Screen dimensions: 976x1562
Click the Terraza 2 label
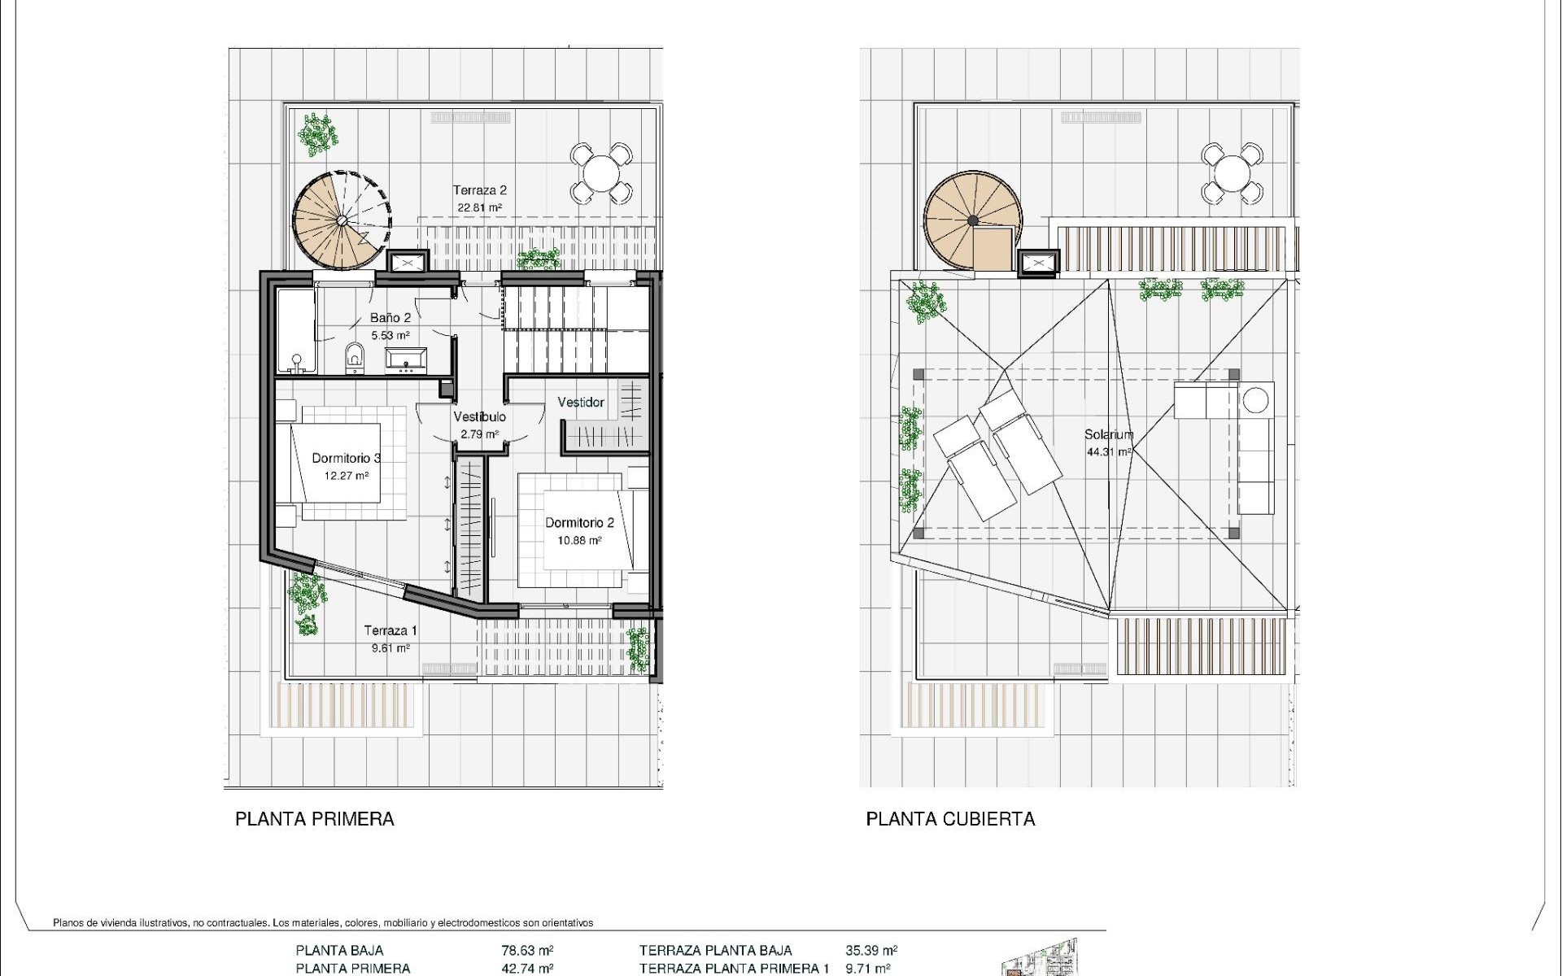[x=480, y=190]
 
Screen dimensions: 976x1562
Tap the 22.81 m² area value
[x=479, y=208]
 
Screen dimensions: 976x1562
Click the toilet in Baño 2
[x=355, y=355]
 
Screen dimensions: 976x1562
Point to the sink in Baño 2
[x=405, y=359]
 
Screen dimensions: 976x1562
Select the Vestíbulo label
[x=480, y=416]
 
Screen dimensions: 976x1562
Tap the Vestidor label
[x=581, y=403]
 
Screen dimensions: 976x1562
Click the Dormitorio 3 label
[x=347, y=459]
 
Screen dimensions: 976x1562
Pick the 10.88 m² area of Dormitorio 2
[x=579, y=541]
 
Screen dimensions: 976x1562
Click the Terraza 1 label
[x=390, y=630]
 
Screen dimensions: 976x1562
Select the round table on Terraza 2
[x=601, y=173]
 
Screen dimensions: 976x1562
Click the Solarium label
[x=1108, y=434]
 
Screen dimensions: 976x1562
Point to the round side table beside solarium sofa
[x=1255, y=400]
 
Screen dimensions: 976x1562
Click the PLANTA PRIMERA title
[x=315, y=819]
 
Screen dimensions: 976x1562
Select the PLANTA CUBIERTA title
[x=950, y=819]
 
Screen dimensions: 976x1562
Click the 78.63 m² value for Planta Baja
[x=528, y=950]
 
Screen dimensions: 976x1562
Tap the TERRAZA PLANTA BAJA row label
[x=715, y=950]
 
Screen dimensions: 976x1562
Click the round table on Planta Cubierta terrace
[x=1233, y=173]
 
